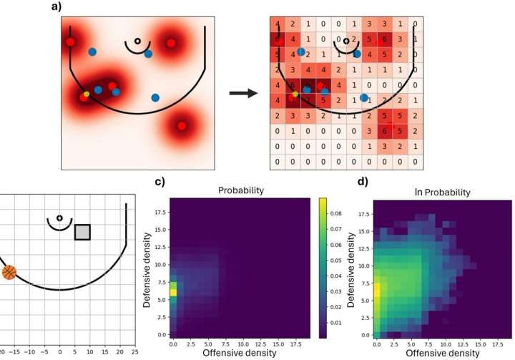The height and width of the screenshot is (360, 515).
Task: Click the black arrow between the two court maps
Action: [x=242, y=93]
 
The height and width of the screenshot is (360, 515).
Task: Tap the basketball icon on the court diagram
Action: [x=9, y=273]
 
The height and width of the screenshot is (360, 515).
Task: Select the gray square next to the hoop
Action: [x=83, y=232]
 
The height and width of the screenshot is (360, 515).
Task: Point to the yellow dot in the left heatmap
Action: [x=87, y=94]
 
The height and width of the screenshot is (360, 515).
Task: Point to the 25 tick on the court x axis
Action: [x=134, y=352]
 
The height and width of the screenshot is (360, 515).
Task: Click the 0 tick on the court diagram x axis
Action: [x=60, y=352]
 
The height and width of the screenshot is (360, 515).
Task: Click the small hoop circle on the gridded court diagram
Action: [x=59, y=218]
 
